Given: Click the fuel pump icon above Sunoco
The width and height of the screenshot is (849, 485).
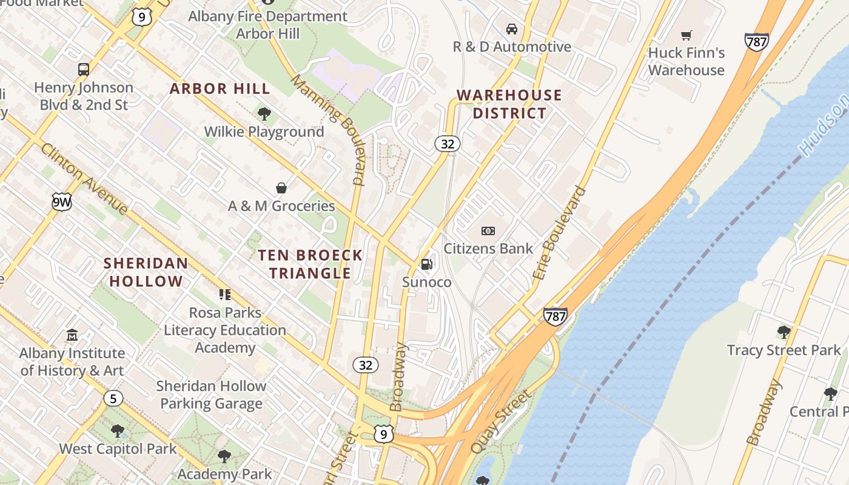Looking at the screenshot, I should coord(427,264).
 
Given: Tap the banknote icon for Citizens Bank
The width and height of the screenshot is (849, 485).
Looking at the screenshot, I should coord(488,230).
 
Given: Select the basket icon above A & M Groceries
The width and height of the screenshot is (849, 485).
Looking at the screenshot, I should coord(281,188).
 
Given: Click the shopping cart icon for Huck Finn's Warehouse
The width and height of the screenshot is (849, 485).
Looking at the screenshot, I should coord(686,35).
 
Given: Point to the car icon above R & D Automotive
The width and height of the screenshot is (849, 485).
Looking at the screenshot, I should coord(512,29).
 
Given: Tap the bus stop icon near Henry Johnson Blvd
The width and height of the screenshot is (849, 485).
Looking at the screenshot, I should coord(84,69).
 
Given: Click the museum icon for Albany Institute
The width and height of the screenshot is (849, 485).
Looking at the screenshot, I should coord(72,335).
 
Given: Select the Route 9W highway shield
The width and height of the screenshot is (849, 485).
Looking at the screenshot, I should coord(61,202).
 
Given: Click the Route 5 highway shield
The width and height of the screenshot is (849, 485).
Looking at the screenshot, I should coord(113,398).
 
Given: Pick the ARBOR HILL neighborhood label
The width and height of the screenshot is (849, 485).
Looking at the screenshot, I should coord(220,89).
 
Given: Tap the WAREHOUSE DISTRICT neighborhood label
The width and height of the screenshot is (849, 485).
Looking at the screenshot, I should coord(509,104).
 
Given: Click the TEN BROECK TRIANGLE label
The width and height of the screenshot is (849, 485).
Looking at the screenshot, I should coord(310,264).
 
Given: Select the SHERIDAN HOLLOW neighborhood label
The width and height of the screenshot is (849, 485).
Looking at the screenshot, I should coord(146,272).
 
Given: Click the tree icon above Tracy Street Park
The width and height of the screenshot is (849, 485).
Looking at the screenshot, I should coord(784,332).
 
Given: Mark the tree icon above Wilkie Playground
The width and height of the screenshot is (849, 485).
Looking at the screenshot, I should coord(264,113).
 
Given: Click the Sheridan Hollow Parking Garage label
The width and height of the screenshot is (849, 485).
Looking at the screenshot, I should coord(211,395).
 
